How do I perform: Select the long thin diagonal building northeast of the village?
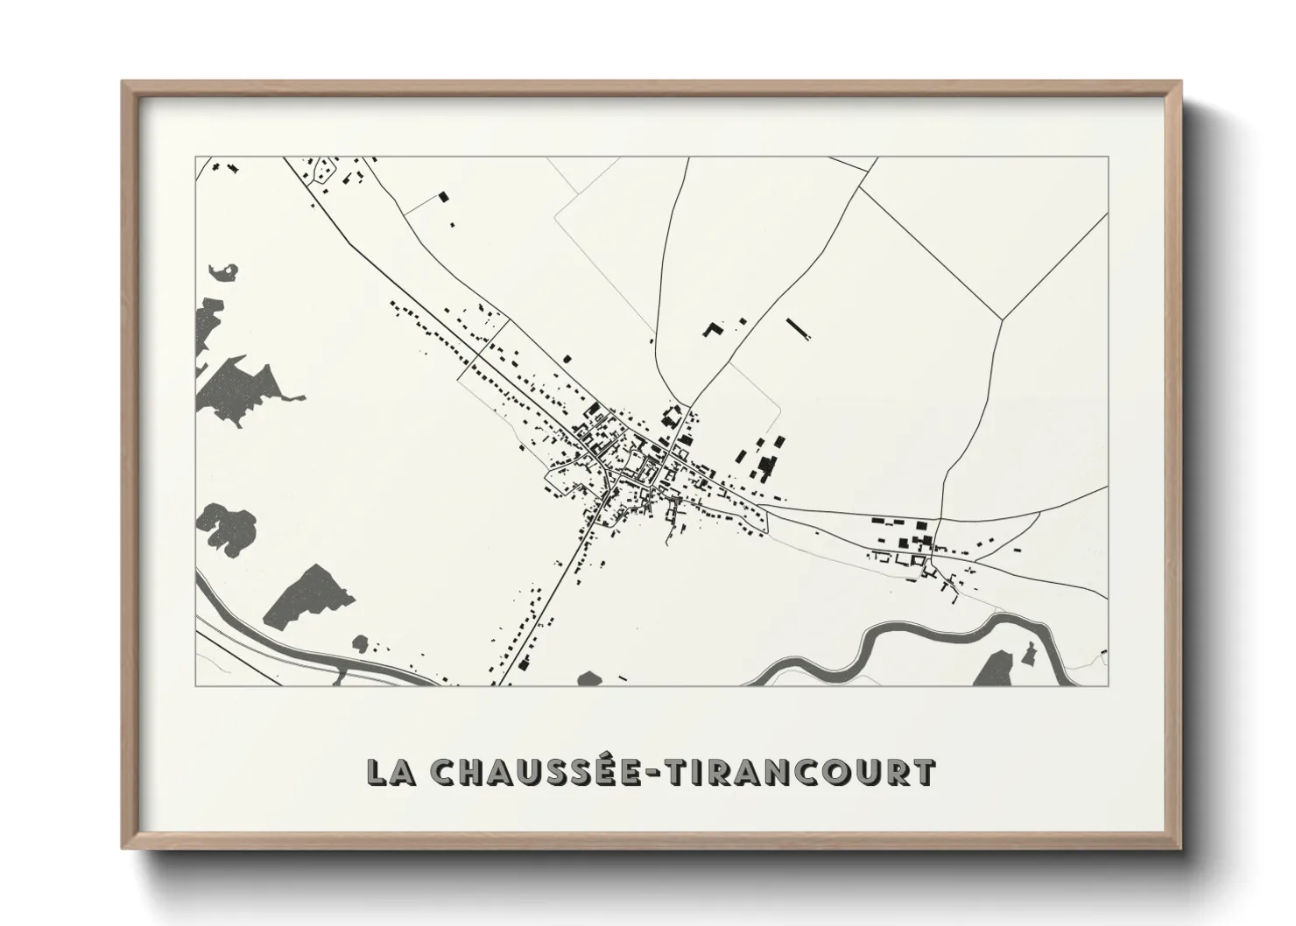pos(799,327)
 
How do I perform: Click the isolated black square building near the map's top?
pos(443,198)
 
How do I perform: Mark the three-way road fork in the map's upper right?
pos(1002,319)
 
